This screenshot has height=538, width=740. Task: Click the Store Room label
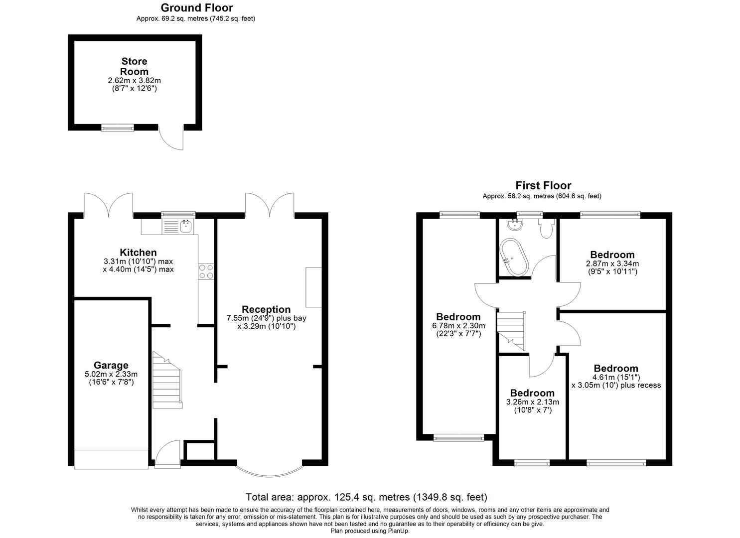tap(134, 66)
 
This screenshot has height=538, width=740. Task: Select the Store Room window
tap(118, 128)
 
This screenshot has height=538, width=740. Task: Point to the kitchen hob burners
tap(206, 271)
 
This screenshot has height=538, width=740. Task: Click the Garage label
tap(111, 365)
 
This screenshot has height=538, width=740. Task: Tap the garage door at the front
tap(112, 459)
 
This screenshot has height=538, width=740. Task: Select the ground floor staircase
tap(167, 381)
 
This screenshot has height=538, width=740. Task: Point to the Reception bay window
tap(270, 471)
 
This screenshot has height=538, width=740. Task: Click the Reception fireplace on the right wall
tap(313, 287)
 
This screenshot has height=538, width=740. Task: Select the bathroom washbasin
tap(512, 225)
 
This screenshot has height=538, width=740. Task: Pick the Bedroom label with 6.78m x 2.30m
tap(458, 317)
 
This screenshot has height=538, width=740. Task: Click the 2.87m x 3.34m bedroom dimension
tap(612, 264)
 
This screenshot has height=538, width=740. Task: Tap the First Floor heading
tap(543, 186)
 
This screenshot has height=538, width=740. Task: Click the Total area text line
tap(366, 497)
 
